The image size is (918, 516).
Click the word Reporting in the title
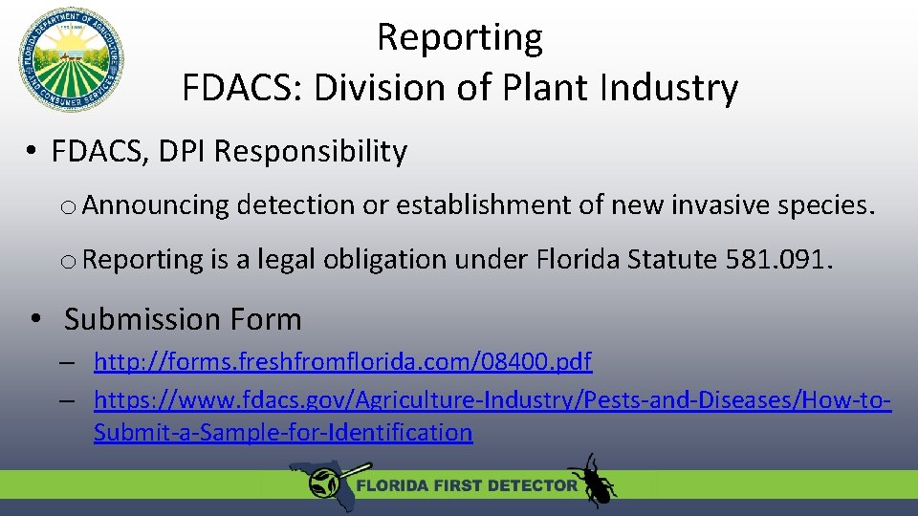point(460,37)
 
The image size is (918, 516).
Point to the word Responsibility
point(311,151)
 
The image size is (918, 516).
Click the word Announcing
point(163,204)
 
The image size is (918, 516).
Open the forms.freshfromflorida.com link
point(342,362)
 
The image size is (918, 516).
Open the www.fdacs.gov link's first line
point(492,398)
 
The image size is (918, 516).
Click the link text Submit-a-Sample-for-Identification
point(283,432)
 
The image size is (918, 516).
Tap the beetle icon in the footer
point(593,481)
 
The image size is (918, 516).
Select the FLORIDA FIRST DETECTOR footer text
point(467,485)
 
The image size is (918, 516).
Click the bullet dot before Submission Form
point(33,319)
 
